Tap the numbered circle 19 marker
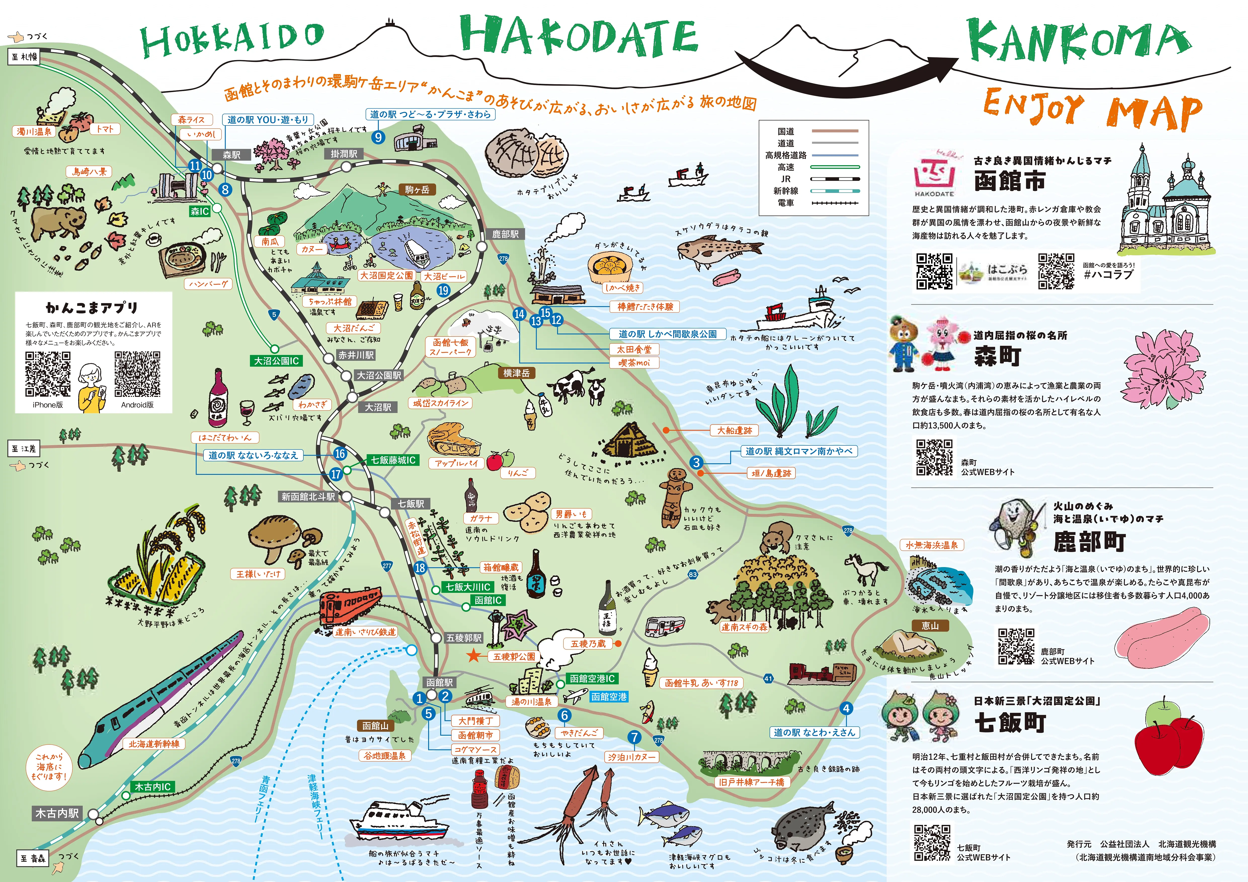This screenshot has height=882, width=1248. [443, 290]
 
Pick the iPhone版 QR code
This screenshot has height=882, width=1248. [48, 374]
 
